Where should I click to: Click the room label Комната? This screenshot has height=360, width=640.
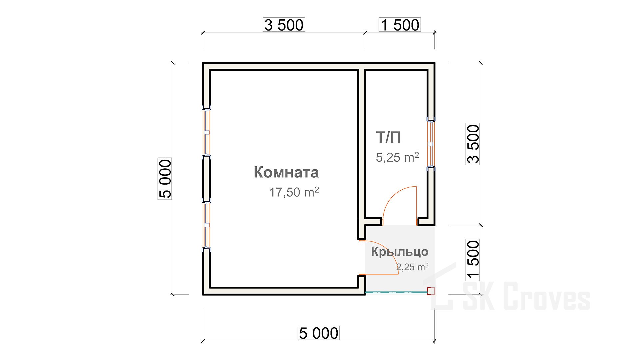pyautogui.click(x=286, y=172)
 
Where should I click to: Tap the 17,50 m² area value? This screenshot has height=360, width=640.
pyautogui.click(x=294, y=192)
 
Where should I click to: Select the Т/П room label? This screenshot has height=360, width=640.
pyautogui.click(x=388, y=137)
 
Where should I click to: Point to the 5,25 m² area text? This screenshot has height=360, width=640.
pyautogui.click(x=397, y=157)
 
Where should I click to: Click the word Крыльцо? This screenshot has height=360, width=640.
pyautogui.click(x=400, y=252)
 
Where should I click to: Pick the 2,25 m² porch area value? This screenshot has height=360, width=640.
pyautogui.click(x=412, y=267)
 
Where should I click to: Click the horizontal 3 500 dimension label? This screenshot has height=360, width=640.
pyautogui.click(x=284, y=25)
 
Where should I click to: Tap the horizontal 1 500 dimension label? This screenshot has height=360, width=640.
pyautogui.click(x=400, y=25)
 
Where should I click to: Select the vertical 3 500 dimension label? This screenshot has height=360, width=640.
pyautogui.click(x=473, y=144)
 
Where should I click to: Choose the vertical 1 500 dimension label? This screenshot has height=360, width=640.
pyautogui.click(x=473, y=260)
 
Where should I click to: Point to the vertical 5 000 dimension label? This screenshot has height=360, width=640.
pyautogui.click(x=165, y=179)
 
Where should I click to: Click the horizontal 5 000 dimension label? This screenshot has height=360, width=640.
pyautogui.click(x=319, y=333)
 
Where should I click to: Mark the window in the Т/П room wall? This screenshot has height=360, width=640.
pyautogui.click(x=431, y=144)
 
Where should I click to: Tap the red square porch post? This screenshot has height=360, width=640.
pyautogui.click(x=431, y=291)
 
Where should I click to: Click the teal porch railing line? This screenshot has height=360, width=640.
pyautogui.click(x=396, y=292)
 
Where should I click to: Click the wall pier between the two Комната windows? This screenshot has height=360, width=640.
pyautogui.click(x=207, y=179)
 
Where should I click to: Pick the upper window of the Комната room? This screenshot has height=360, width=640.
pyautogui.click(x=207, y=132)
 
